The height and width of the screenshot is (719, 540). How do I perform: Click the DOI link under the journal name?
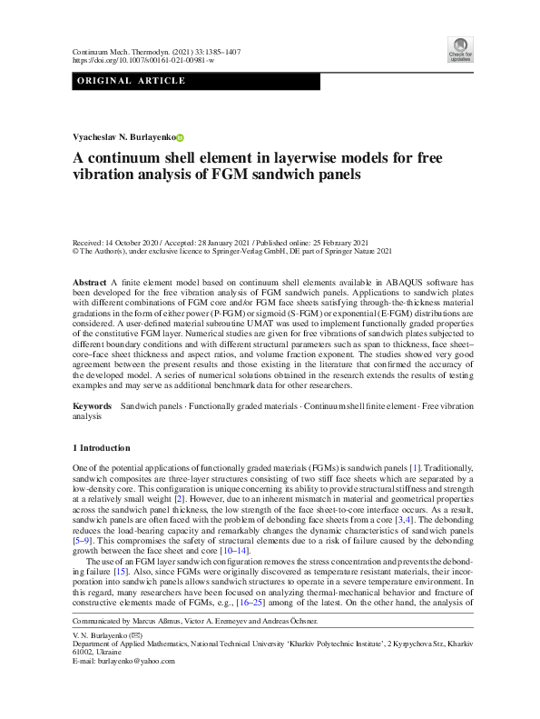tap(142, 61)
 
